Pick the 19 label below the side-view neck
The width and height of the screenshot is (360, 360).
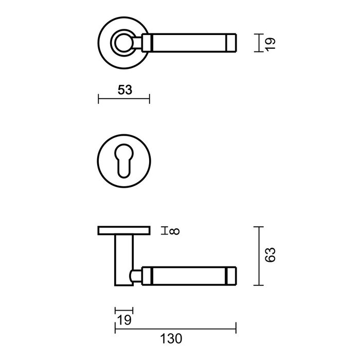(124, 320)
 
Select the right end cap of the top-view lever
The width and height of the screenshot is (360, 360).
(231, 43)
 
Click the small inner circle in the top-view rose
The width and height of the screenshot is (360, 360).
(123, 43)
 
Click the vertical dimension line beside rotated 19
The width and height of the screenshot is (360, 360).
(257, 43)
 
